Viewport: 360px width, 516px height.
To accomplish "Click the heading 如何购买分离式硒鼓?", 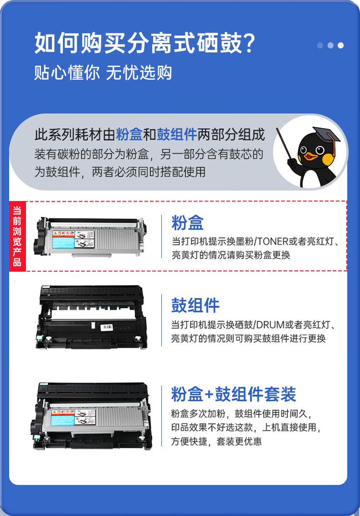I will pos(144,44).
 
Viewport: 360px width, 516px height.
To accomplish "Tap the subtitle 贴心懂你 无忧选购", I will pos(103,73).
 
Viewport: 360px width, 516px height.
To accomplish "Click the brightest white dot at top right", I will pos(341,46).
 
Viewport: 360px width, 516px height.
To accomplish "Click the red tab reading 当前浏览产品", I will pos(17,236).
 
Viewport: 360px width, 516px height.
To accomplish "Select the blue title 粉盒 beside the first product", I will pos(187,223).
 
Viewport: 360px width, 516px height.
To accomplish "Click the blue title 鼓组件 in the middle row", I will pos(195,305).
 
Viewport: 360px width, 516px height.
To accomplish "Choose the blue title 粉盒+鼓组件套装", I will pos(233,394).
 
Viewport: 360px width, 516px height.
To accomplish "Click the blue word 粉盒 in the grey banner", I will pos(129,135).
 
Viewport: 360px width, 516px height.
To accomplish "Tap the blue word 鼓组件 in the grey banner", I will pos(177,135).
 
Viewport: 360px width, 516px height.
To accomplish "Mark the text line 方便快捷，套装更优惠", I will pos(216,441).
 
